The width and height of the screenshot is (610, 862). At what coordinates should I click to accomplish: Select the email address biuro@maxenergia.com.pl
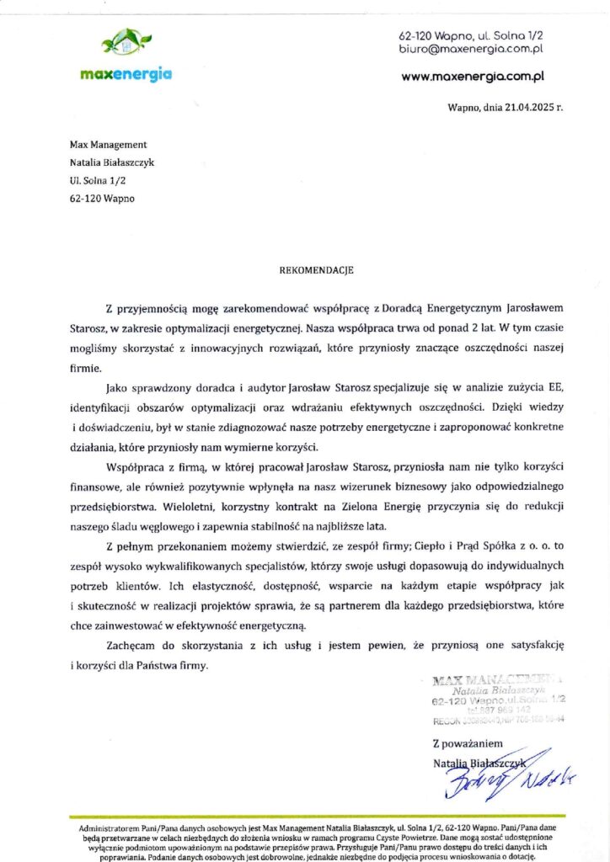470,50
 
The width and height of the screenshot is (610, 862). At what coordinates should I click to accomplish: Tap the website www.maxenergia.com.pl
472,76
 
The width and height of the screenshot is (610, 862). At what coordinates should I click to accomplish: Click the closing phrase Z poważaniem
468,744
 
